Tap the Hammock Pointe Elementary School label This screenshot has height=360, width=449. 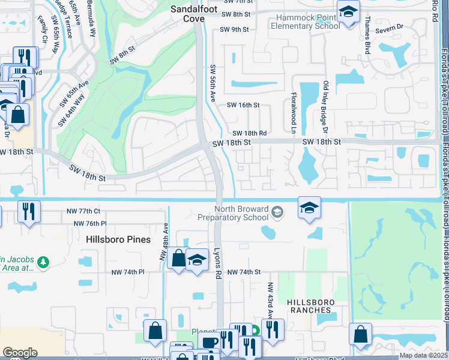[x=305, y=22]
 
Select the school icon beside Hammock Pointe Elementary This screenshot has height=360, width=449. [x=348, y=13]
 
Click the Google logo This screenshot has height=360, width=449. [x=20, y=353]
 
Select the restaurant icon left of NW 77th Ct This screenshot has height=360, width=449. [x=29, y=212]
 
